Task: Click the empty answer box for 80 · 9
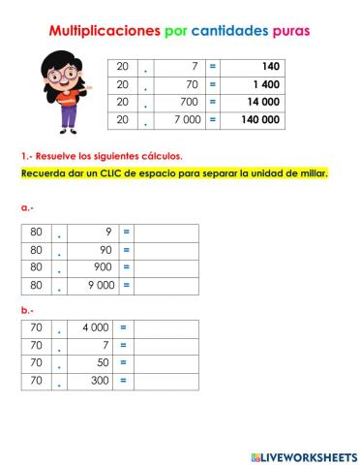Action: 165,233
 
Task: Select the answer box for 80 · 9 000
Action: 165,286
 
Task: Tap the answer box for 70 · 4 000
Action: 165,329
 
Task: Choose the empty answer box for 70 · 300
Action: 165,382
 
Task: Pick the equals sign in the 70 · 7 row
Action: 123,347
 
